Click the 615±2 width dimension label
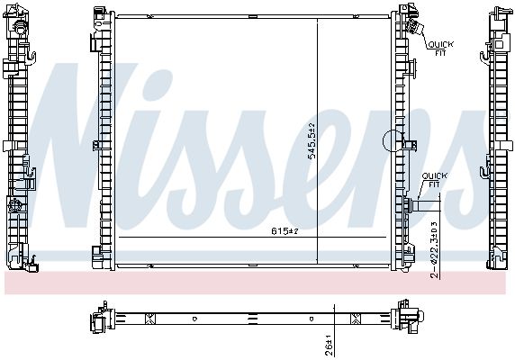click(285, 231)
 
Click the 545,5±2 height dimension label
click(311, 141)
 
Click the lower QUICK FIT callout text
click(434, 180)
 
